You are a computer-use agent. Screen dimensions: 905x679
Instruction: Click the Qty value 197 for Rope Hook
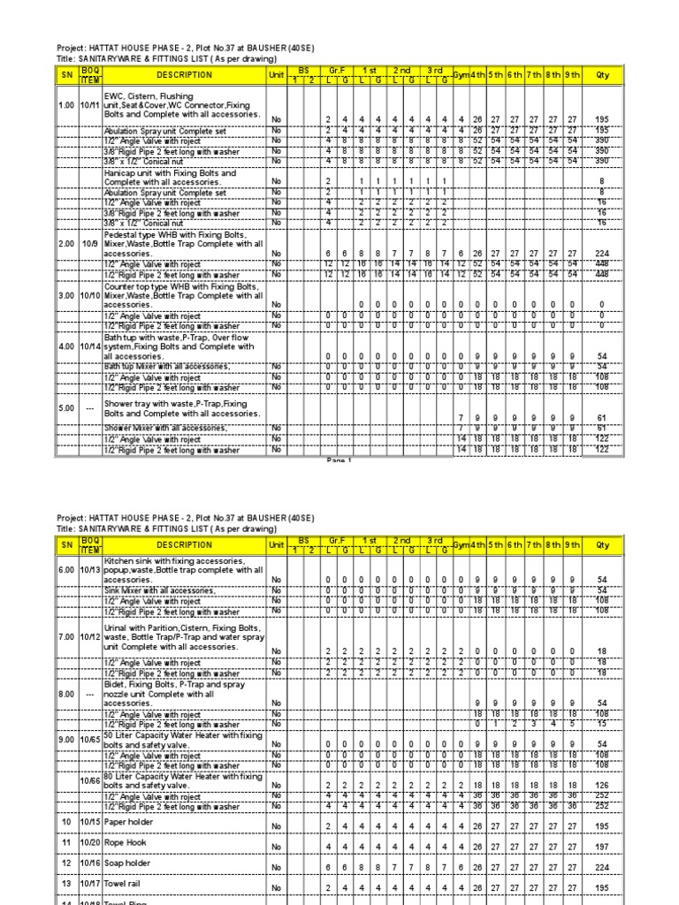point(603,846)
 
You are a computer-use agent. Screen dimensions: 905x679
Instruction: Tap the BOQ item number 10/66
point(90,780)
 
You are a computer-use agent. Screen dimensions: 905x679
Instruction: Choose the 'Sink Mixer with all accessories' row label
point(158,589)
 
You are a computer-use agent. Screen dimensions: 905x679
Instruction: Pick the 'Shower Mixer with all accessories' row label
point(164,428)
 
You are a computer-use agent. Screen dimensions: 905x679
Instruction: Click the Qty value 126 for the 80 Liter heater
point(603,785)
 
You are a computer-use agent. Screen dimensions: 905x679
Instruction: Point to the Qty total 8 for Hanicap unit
point(603,182)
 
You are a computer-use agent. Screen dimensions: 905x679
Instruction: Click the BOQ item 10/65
point(90,738)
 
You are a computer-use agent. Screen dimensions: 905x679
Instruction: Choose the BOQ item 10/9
point(90,242)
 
